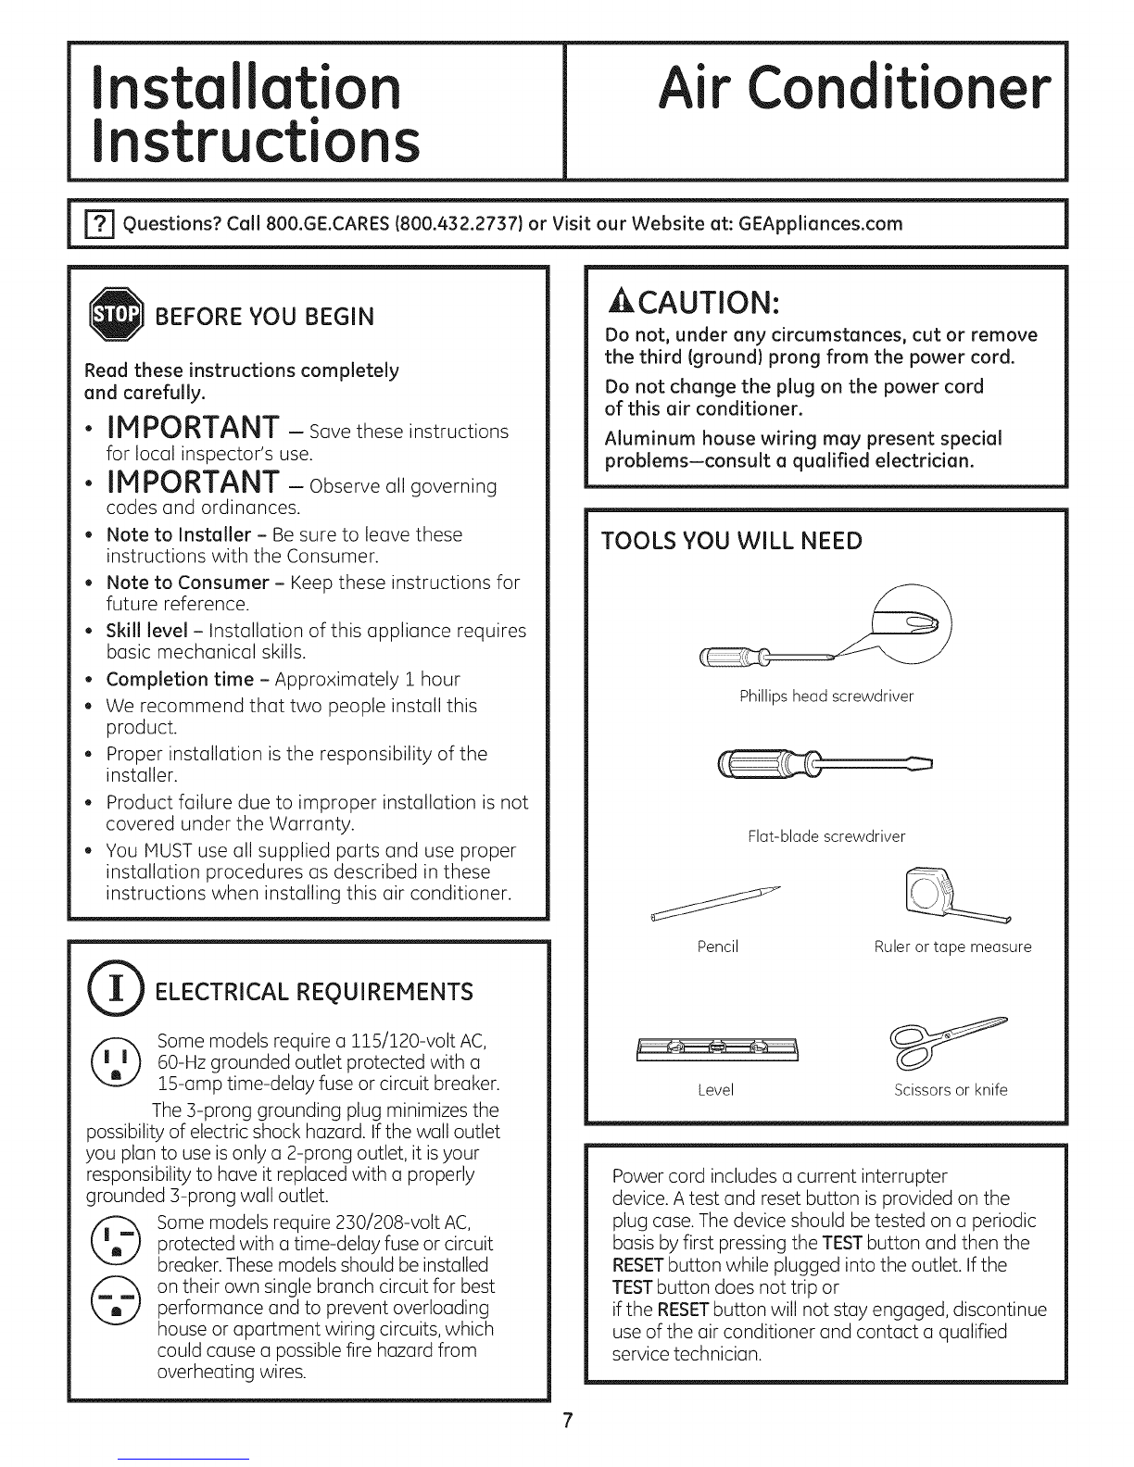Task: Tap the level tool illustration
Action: click(x=717, y=1047)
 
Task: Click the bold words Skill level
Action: click(x=147, y=631)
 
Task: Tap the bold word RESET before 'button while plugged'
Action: click(x=638, y=1265)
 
